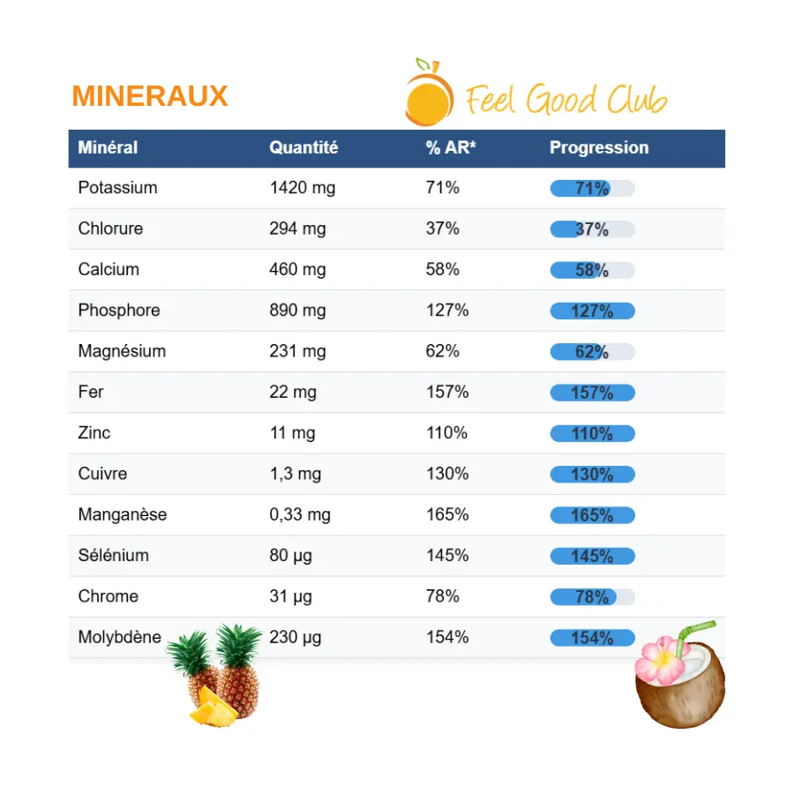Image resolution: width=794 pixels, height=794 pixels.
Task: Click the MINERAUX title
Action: point(150,96)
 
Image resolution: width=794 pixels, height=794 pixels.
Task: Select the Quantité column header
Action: point(303,148)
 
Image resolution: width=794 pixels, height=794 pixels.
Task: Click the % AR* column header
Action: point(451,148)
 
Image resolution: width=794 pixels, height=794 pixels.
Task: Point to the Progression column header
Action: point(599,148)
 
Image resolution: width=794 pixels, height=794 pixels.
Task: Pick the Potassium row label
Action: point(117,188)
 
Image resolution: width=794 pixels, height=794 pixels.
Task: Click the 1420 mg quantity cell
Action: point(302,188)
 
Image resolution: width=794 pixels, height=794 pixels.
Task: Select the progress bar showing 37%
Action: point(592,229)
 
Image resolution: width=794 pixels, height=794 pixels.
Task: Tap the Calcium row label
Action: point(109,269)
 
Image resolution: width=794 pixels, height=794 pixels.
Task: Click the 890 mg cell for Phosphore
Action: point(297,311)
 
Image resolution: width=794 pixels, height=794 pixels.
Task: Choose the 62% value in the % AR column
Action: point(442,351)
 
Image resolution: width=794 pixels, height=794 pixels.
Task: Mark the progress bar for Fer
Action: point(592,393)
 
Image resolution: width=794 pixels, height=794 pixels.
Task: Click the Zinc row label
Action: point(94,432)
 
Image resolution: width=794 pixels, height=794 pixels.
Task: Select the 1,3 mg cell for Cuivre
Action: point(295,474)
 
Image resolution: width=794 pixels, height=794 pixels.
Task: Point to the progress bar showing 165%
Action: point(592,515)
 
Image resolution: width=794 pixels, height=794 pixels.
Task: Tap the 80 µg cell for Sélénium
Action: point(290,556)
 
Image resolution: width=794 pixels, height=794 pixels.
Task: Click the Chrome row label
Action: point(108,596)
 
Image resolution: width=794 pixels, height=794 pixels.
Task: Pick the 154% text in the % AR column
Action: point(446,637)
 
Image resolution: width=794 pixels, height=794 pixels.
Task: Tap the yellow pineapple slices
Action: point(213,706)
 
